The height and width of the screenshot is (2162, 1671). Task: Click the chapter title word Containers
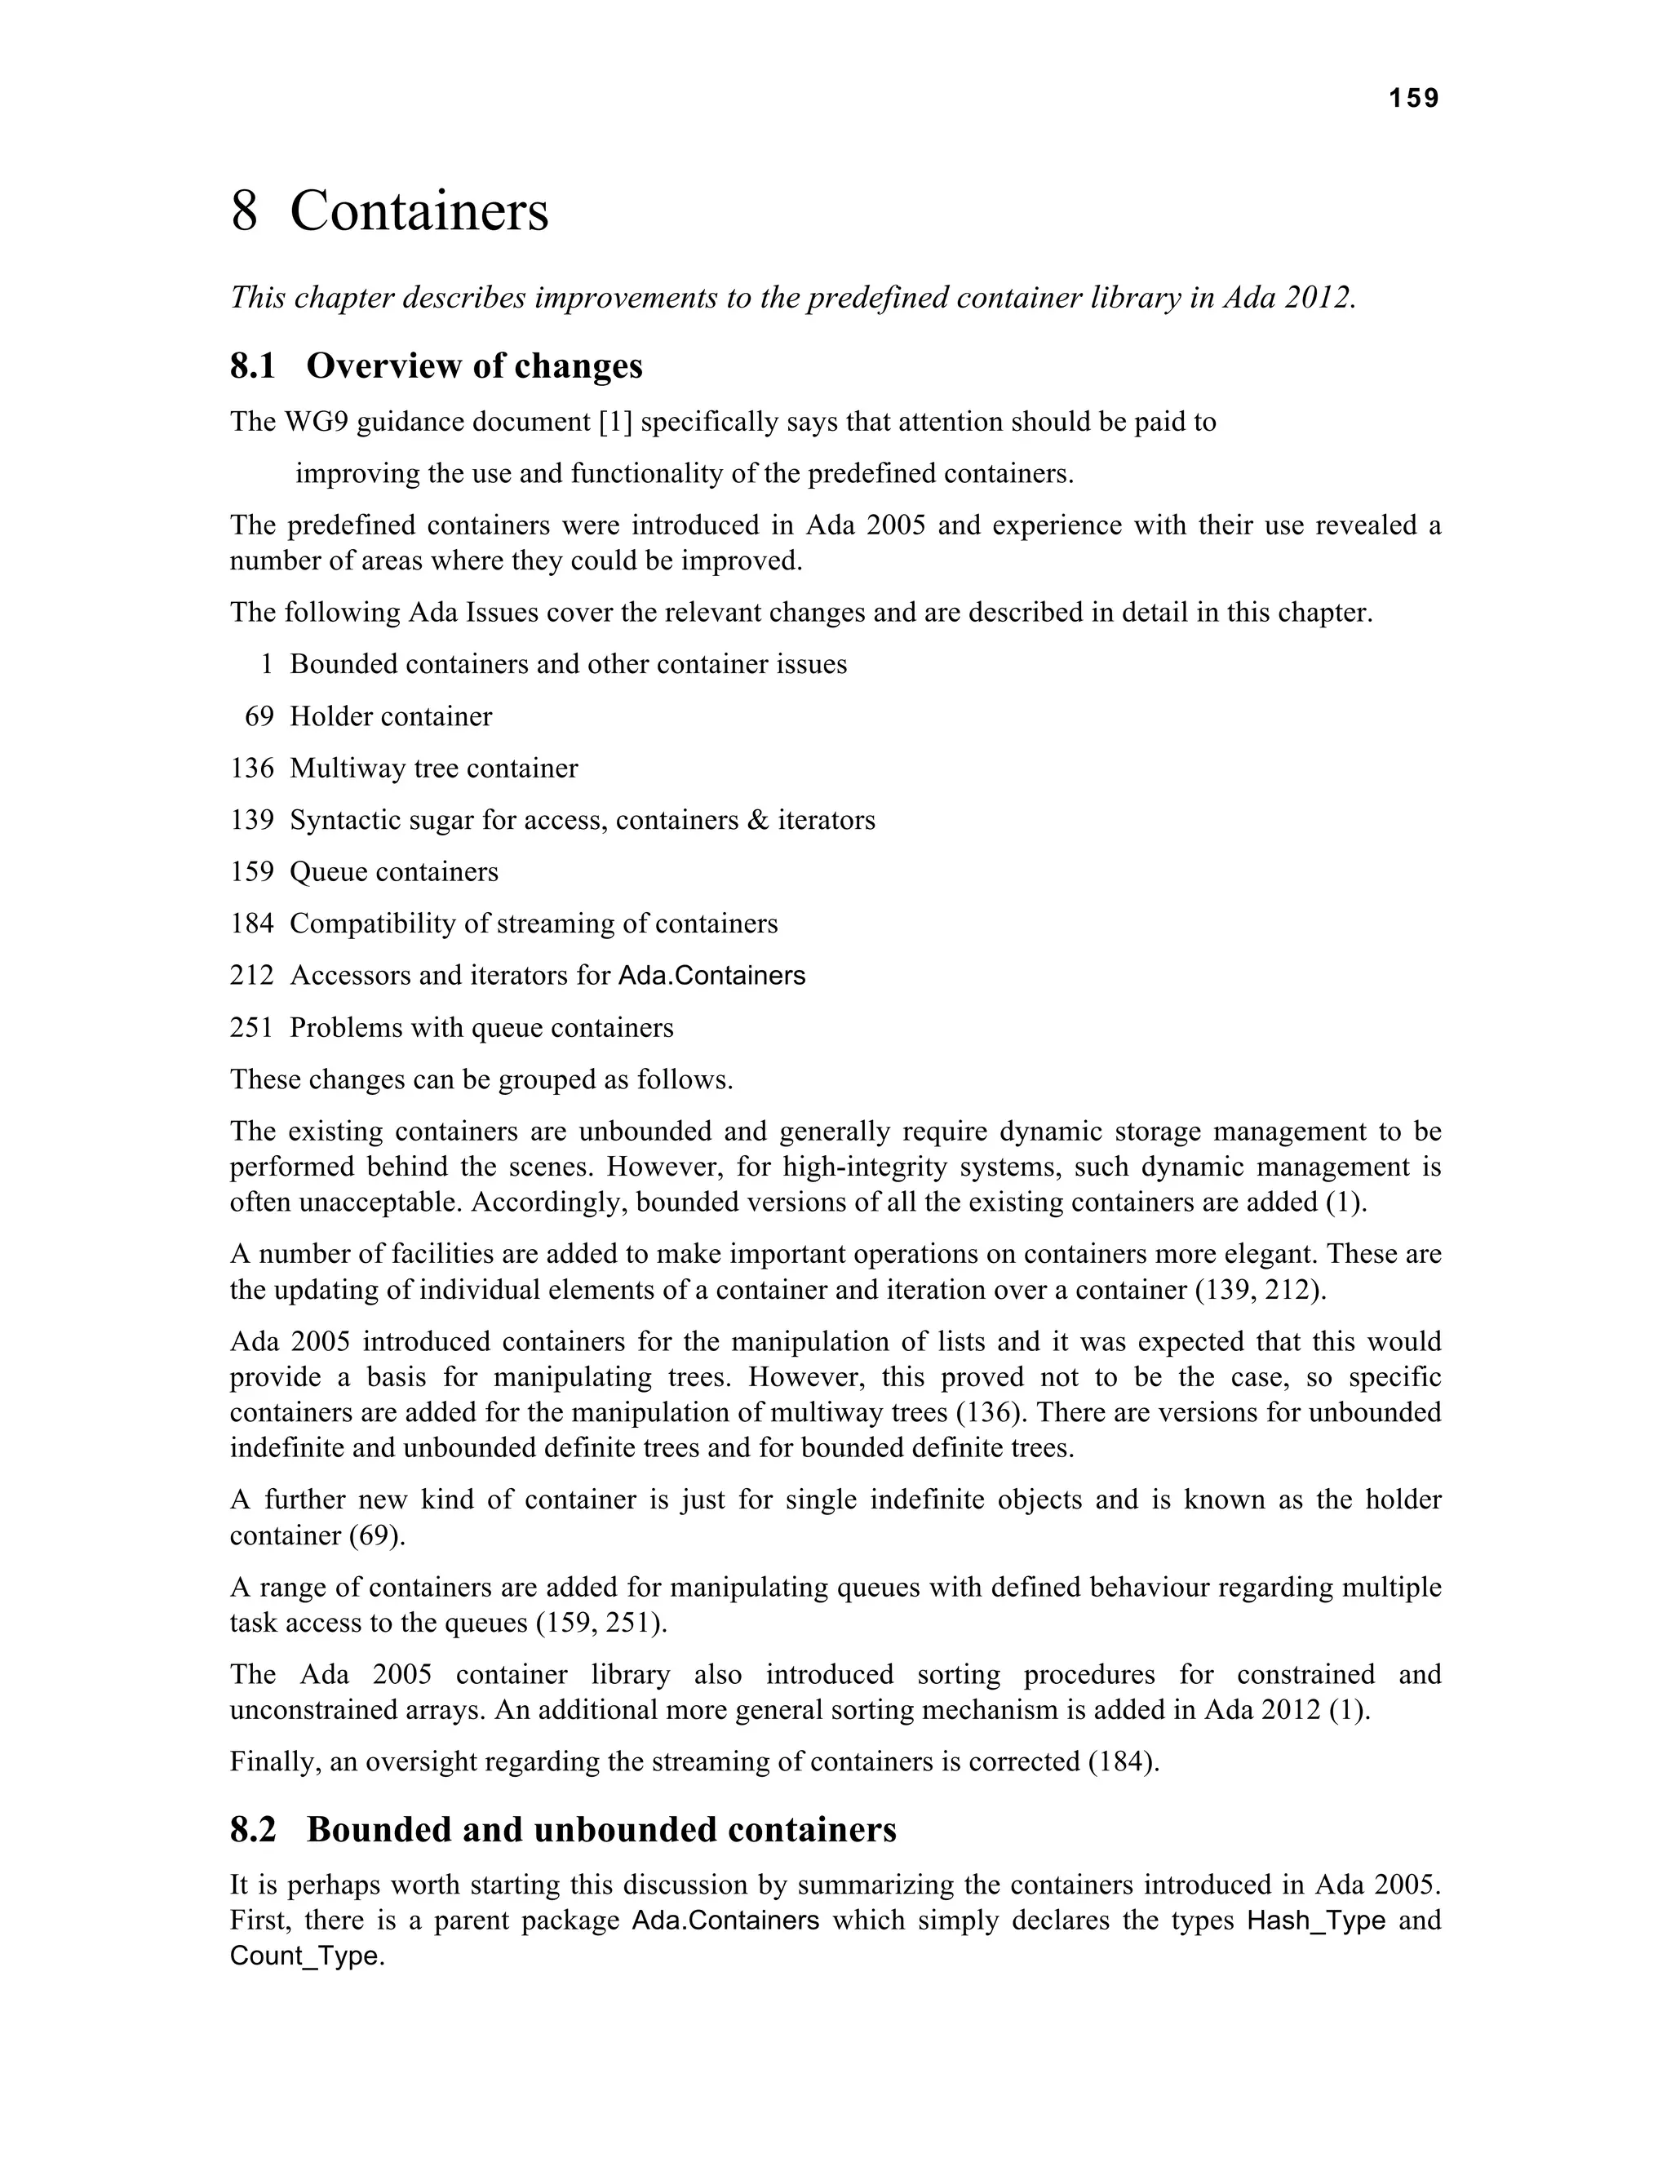[x=419, y=212]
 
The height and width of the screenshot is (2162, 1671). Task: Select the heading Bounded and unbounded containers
[x=601, y=1829]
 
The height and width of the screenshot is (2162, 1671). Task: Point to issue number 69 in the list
[x=259, y=716]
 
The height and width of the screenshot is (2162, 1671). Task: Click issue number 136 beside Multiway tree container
[x=251, y=769]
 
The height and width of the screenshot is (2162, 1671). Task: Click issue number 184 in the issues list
[x=251, y=924]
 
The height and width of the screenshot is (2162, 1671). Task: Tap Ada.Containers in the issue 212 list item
[x=711, y=976]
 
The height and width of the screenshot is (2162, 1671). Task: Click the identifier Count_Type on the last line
[x=304, y=1957]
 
